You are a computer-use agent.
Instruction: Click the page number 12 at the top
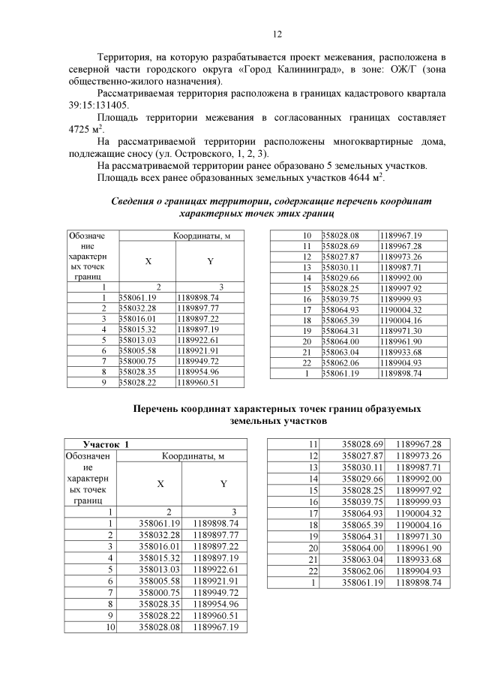[276, 34]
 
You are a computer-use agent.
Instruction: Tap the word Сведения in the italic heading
[137, 202]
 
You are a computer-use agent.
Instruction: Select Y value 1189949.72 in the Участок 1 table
[216, 593]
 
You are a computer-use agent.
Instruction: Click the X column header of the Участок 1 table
[160, 484]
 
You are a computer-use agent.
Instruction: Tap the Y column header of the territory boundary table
[210, 261]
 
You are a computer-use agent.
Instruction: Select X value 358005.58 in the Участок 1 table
[160, 581]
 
